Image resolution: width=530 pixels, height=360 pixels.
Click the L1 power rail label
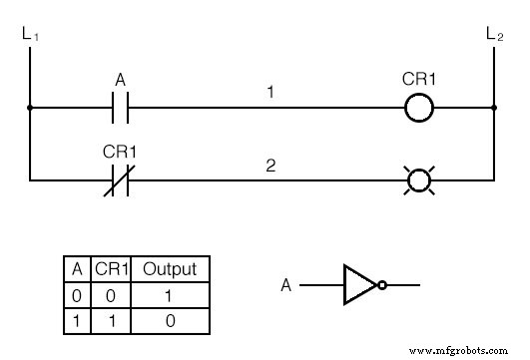[x=29, y=36]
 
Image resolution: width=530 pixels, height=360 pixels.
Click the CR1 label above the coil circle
[x=419, y=80]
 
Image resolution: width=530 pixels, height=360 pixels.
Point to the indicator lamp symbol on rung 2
[x=419, y=180]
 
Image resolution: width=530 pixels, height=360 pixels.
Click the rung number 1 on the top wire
[x=268, y=92]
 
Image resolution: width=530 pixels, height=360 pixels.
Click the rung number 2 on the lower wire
[x=268, y=166]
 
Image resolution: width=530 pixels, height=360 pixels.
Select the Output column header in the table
[x=170, y=269]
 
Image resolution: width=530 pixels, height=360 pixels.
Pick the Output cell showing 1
[x=170, y=296]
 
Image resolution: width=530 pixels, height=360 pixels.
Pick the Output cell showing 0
[x=170, y=322]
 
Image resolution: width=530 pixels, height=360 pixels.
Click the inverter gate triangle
[x=359, y=285]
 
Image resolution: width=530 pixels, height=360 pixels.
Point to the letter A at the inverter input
[x=286, y=286]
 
